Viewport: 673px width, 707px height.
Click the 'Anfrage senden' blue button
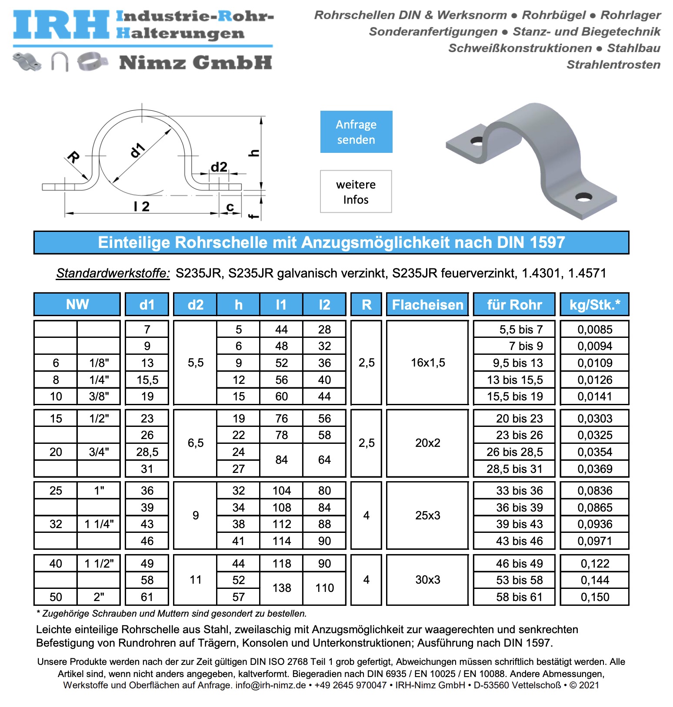[356, 132]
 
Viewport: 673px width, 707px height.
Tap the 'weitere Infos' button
[356, 192]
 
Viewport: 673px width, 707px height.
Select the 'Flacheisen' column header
[427, 304]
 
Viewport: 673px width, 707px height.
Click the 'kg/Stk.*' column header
[594, 304]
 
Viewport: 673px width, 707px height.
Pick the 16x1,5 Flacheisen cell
[427, 363]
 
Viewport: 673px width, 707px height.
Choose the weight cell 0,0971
[594, 541]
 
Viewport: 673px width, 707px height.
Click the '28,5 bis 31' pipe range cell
[514, 469]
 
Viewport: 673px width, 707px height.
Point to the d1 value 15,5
[147, 380]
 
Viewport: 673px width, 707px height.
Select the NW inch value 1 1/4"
[99, 524]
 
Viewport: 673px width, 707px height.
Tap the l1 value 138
[281, 588]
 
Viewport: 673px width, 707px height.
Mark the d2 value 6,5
[195, 443]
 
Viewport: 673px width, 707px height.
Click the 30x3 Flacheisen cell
[427, 580]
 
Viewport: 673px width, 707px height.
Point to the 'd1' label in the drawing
[137, 150]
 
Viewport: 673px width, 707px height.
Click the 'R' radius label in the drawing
[73, 157]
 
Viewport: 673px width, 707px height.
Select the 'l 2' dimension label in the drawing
[141, 206]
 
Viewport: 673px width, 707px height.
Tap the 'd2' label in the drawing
[219, 167]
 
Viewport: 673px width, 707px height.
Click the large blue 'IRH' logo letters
[61, 25]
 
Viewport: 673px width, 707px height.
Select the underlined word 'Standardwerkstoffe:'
[113, 273]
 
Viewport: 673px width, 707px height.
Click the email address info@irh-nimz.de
[271, 685]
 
